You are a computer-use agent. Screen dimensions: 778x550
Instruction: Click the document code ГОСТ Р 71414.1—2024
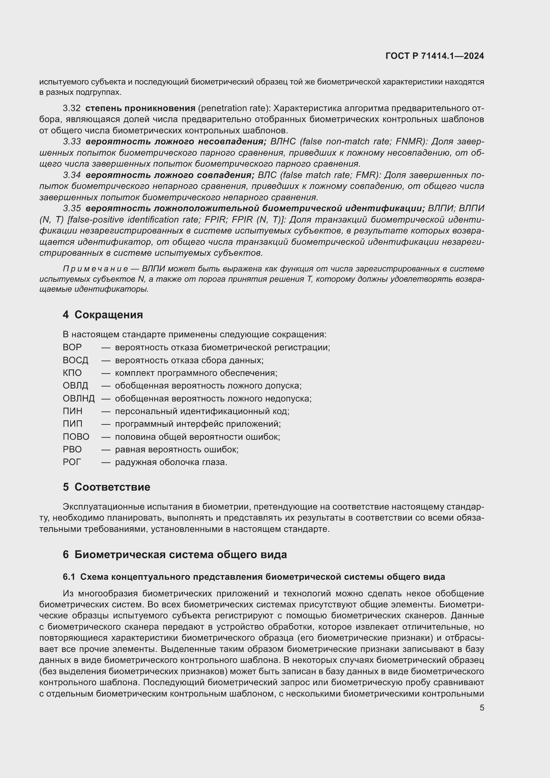(x=435, y=56)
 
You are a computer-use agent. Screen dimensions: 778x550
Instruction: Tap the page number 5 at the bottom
(x=481, y=708)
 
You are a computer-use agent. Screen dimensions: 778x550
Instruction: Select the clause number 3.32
(x=71, y=108)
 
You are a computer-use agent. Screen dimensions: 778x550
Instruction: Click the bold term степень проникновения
(x=140, y=108)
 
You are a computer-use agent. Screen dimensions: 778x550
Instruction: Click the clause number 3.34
(x=71, y=175)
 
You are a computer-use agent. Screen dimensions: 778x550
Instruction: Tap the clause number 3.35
(x=71, y=209)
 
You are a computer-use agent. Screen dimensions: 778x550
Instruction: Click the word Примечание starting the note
(x=95, y=269)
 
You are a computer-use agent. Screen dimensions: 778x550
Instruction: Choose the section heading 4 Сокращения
(x=103, y=315)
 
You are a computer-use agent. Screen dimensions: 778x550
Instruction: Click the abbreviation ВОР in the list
(x=72, y=347)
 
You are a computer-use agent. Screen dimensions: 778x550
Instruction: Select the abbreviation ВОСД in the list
(x=75, y=360)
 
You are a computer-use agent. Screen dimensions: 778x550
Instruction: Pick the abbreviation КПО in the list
(x=72, y=373)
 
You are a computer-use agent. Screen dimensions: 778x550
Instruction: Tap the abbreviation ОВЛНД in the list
(x=78, y=398)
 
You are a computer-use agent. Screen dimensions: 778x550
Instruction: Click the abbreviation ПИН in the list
(x=72, y=411)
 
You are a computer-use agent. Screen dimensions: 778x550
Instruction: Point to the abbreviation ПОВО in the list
(x=76, y=437)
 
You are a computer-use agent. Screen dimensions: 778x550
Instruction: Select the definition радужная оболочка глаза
(x=171, y=462)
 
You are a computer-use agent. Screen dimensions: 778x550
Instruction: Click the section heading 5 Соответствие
(x=106, y=487)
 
